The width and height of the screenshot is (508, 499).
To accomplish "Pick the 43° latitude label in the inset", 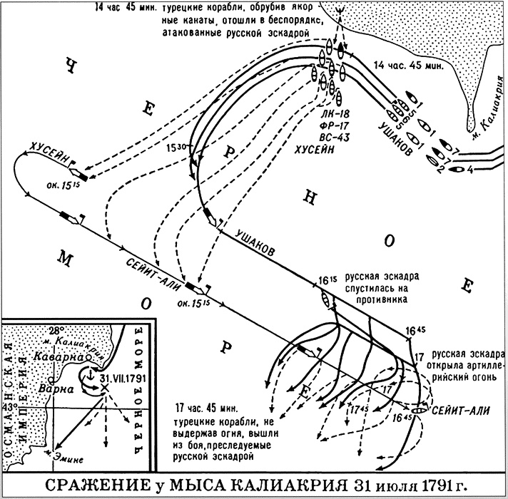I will [x=9, y=406].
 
